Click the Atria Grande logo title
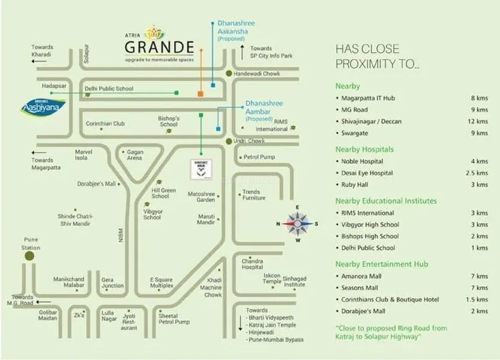(158, 46)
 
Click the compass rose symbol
(297, 224)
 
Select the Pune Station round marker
(29, 256)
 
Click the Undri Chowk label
(252, 141)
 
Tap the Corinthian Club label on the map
(105, 124)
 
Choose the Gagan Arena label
(134, 155)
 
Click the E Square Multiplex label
(161, 283)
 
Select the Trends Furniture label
(253, 195)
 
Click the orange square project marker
(200, 94)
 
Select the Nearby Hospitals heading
(364, 149)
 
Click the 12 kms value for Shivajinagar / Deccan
(478, 121)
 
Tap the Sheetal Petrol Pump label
(174, 319)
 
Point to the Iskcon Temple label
(272, 278)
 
